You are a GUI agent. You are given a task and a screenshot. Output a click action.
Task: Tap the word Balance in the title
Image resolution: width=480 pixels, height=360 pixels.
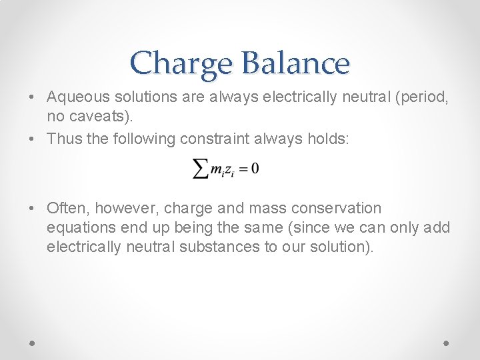coord(295,63)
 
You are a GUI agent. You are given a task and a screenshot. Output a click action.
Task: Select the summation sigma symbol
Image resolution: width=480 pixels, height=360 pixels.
coord(200,169)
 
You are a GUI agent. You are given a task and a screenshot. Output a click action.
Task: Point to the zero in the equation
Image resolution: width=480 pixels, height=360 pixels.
coord(255,169)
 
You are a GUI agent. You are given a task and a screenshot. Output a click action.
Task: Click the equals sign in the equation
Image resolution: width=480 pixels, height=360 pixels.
coord(243,169)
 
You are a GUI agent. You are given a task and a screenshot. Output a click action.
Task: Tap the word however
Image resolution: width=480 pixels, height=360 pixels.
coord(125,209)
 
